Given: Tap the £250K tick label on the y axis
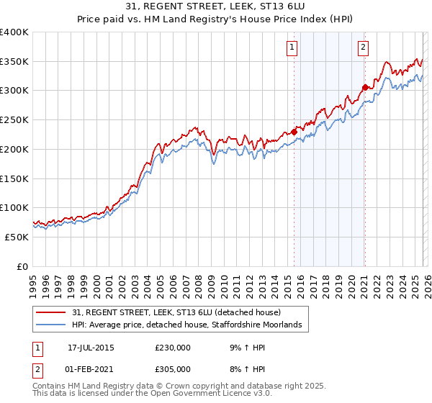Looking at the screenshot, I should point(14,119).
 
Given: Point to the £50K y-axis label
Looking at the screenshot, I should point(17,237).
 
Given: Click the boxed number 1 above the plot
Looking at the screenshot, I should point(292,48).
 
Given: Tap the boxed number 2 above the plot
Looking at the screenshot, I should point(363,48).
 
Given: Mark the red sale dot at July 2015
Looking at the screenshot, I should point(294,132).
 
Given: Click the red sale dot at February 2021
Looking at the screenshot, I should point(365,88).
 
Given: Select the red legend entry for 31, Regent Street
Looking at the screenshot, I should point(181,312).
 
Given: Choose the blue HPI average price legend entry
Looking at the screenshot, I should point(190,325).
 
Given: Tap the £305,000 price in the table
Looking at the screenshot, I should point(173,368).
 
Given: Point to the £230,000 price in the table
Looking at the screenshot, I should point(173,347).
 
